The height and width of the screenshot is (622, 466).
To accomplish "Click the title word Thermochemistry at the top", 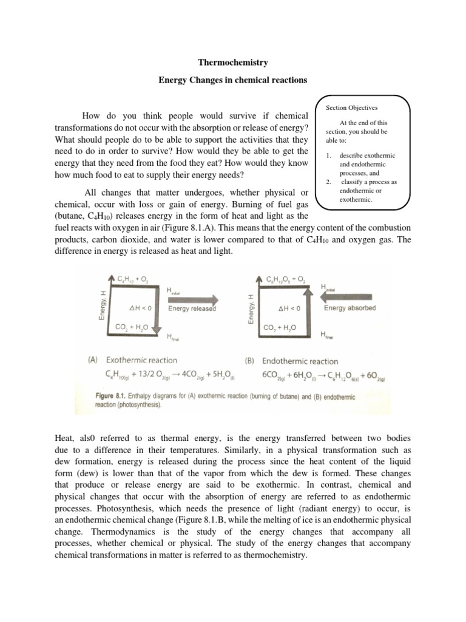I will [x=233, y=63].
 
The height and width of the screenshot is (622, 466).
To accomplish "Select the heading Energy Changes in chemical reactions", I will [x=233, y=80].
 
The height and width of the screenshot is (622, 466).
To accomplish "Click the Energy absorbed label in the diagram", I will [x=349, y=308].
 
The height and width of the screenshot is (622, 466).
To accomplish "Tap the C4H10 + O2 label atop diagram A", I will [x=133, y=279].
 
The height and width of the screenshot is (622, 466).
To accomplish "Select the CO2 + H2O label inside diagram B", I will [x=280, y=327].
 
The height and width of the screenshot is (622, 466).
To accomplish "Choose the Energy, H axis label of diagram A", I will [x=103, y=306].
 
